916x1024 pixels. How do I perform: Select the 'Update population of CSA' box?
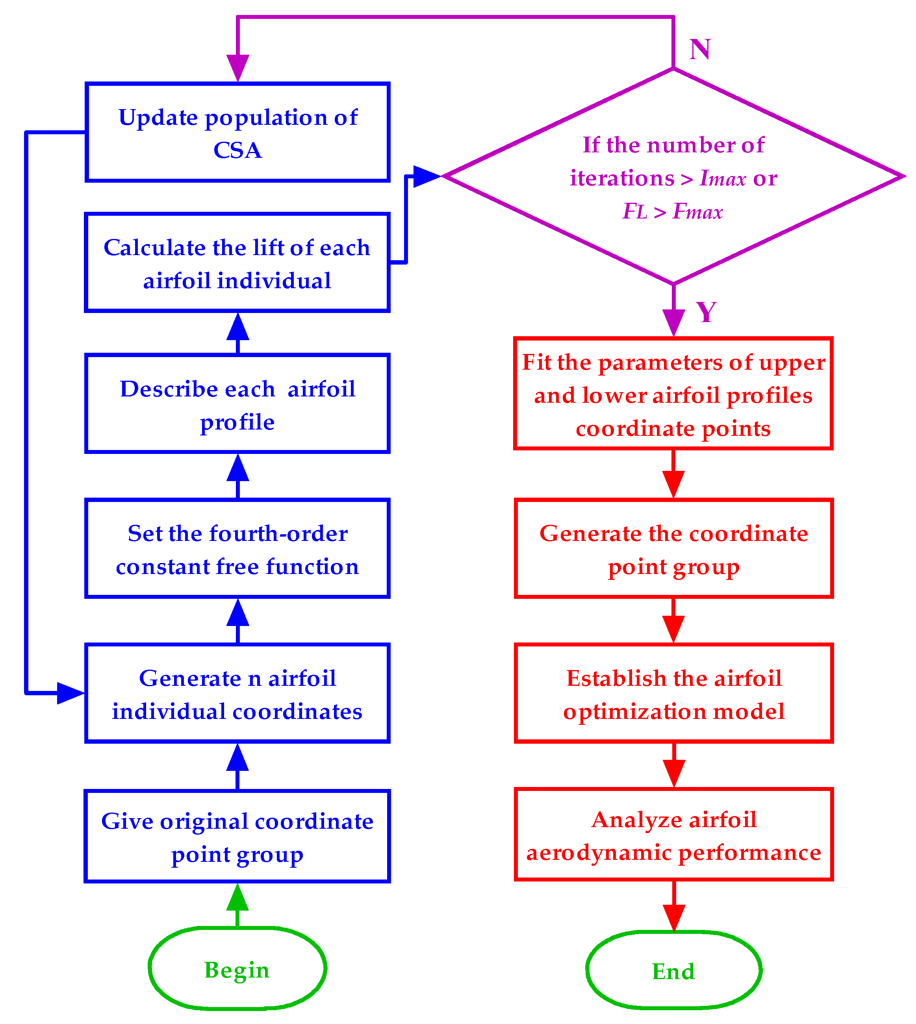coord(237,132)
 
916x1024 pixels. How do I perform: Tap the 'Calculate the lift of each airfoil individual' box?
coord(237,263)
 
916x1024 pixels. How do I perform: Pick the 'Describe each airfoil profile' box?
coord(237,404)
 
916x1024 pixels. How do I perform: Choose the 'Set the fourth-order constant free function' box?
coord(237,548)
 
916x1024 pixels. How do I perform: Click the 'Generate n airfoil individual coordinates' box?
coord(237,693)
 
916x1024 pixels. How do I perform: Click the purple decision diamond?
coord(673,176)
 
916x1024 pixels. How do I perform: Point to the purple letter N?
coord(699,49)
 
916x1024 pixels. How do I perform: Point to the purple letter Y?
coord(706,312)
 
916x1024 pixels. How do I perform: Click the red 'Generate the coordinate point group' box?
coord(673,548)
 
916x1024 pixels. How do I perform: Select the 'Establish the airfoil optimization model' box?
coord(673,693)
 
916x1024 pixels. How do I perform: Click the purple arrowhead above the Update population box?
coord(237,67)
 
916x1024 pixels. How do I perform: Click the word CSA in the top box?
coord(237,150)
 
